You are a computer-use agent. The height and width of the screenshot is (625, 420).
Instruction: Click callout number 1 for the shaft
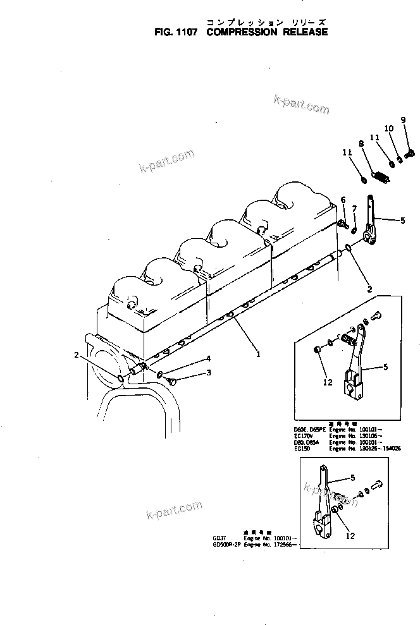[258, 354]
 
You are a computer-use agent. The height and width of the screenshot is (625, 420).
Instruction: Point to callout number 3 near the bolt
[208, 373]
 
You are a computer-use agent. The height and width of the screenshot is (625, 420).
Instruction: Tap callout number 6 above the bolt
[343, 200]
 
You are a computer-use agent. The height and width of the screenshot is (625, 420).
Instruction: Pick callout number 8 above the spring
[362, 144]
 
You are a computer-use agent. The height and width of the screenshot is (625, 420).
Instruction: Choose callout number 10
[389, 128]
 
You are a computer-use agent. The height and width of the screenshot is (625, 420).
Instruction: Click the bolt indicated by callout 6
[343, 223]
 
